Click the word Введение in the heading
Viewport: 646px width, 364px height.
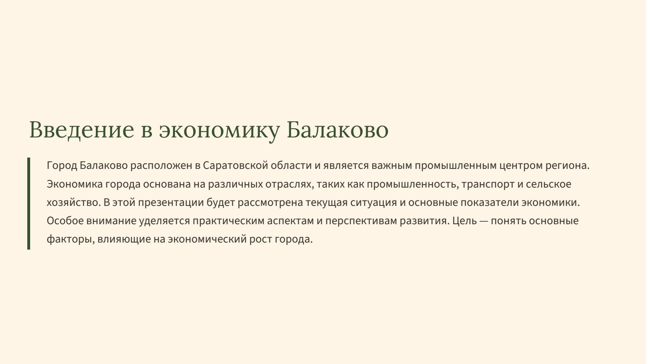[x=81, y=130]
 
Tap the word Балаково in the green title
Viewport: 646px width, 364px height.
[x=337, y=130]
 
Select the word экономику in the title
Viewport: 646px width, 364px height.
[x=219, y=130]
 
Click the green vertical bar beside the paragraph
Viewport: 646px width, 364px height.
[x=29, y=203]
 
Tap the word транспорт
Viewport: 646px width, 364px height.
[x=488, y=184]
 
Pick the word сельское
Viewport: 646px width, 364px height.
[x=548, y=184]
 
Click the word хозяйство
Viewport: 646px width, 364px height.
[x=73, y=203]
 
